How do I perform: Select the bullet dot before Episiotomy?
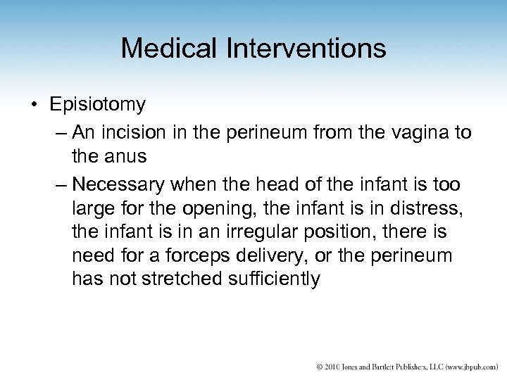(33, 106)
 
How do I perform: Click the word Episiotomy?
(98, 105)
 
